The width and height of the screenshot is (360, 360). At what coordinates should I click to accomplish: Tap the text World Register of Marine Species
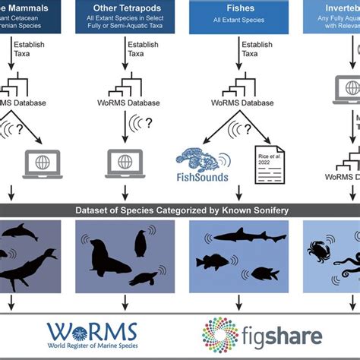pyautogui.click(x=92, y=349)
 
